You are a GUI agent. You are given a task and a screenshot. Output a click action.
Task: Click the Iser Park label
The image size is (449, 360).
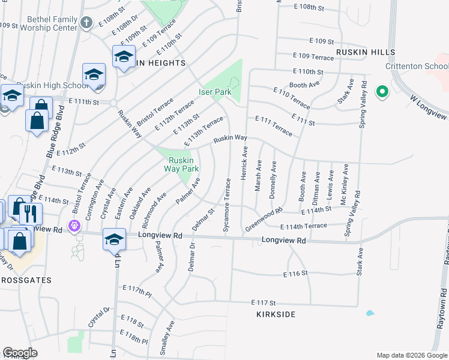[215, 92]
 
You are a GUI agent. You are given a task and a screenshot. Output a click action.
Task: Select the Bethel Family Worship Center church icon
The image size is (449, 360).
[86, 23]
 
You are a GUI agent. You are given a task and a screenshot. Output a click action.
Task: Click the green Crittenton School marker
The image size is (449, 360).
[381, 92]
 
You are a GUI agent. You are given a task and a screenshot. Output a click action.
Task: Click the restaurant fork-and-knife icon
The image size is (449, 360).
[29, 213]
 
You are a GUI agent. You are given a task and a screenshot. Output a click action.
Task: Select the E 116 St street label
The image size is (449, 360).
[295, 273]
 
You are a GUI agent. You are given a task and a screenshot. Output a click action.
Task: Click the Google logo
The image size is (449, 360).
[20, 353]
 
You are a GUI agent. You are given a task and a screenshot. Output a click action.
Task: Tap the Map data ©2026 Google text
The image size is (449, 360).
[412, 355]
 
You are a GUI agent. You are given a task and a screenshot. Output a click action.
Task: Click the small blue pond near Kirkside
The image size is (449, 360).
[370, 313]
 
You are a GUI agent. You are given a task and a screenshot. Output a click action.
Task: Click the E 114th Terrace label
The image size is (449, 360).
[304, 226]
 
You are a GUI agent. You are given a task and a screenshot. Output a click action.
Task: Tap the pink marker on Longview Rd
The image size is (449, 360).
[74, 226]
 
